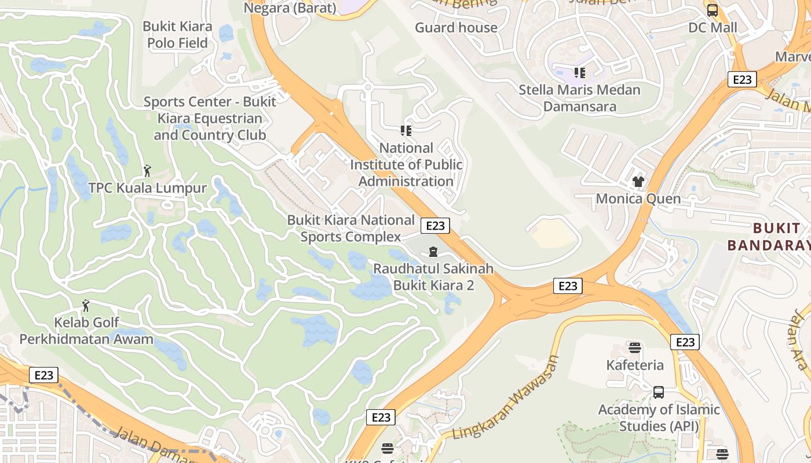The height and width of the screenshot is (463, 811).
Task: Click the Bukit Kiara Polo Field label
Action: (177, 35)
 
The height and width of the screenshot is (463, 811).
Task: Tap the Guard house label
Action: (456, 27)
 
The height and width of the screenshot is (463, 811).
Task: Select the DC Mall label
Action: (713, 27)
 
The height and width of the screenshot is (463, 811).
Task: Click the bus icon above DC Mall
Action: (713, 10)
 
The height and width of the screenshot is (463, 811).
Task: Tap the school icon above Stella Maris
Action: (579, 72)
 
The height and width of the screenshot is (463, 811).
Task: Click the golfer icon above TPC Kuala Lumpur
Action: (147, 171)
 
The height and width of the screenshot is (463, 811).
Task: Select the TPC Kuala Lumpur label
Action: (147, 188)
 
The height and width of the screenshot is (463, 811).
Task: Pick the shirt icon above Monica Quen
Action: (638, 182)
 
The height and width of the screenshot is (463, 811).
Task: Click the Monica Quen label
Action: (638, 199)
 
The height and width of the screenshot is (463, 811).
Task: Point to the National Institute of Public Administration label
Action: (406, 164)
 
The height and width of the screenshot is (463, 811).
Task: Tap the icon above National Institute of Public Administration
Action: (406, 130)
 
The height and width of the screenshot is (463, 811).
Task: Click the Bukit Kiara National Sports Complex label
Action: (351, 228)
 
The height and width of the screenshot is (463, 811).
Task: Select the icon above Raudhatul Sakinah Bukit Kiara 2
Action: (433, 252)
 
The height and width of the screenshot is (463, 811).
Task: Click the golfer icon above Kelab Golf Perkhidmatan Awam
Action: (86, 305)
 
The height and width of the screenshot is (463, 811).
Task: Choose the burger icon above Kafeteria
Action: (635, 348)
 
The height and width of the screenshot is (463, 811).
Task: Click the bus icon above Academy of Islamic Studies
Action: (659, 392)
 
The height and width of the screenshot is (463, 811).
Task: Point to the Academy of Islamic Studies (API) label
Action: (659, 418)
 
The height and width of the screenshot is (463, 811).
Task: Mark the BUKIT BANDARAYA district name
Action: (768, 236)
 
